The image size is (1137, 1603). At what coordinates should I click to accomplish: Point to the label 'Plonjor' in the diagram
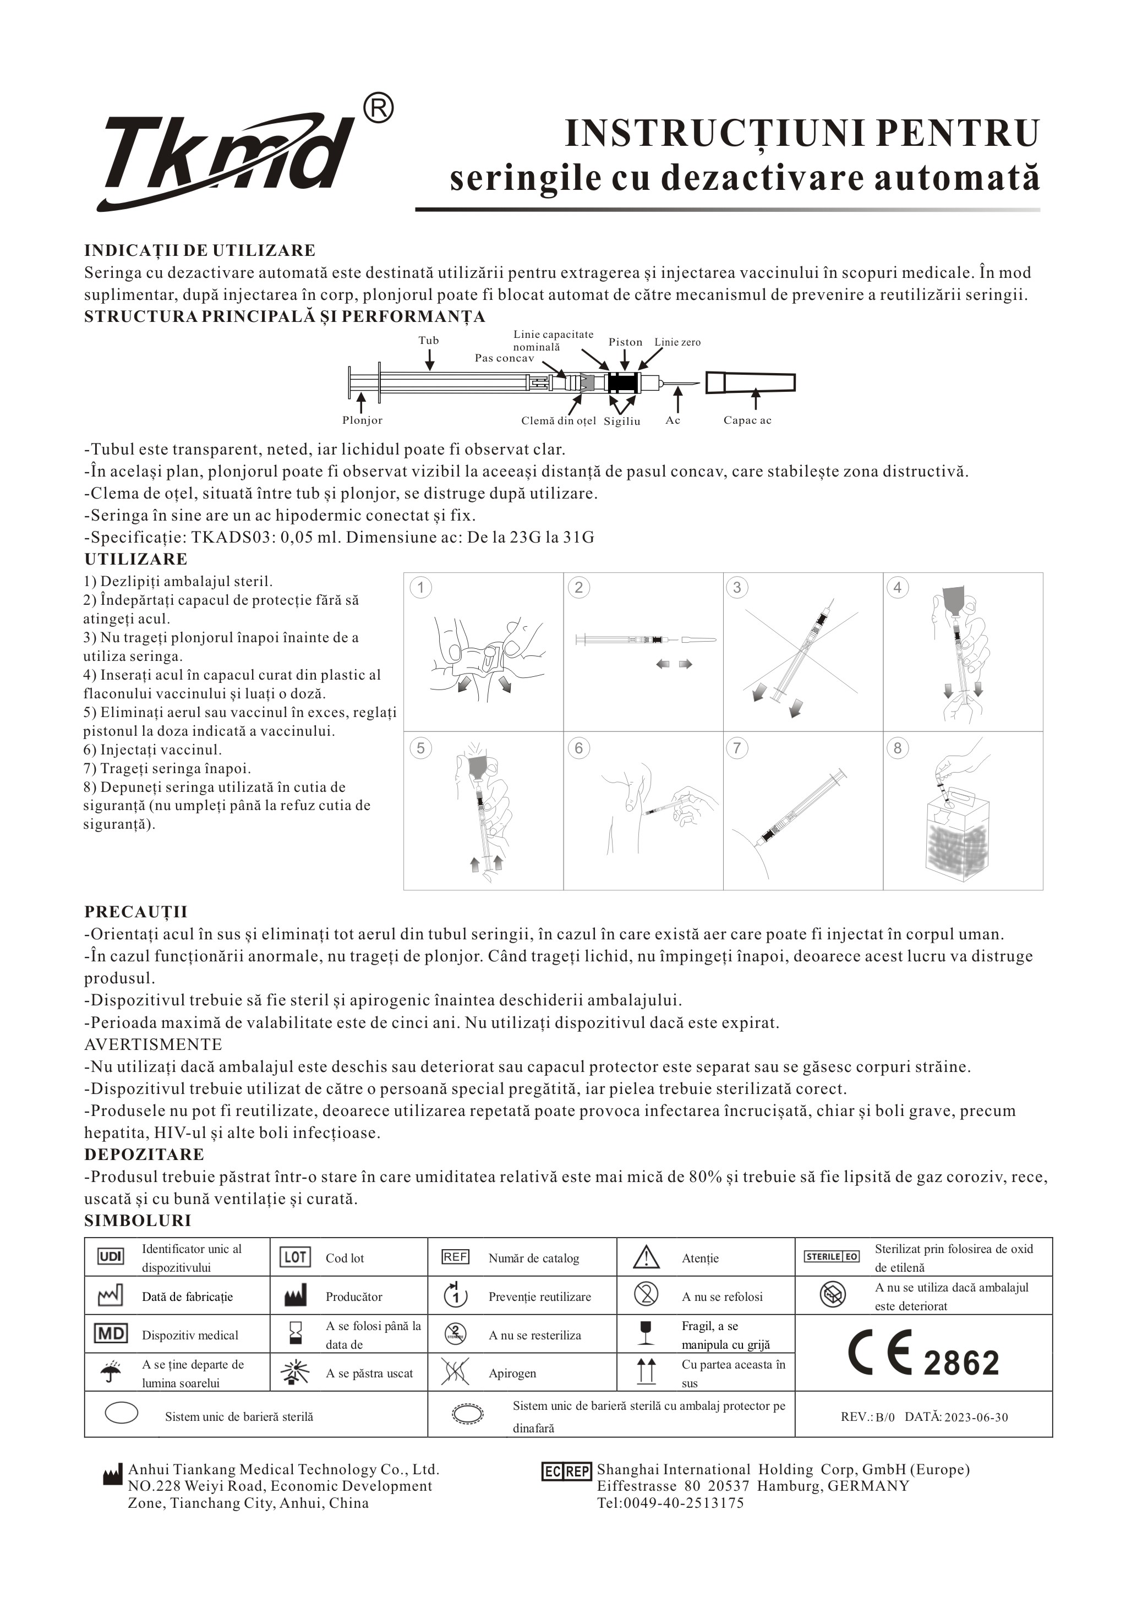[362, 421]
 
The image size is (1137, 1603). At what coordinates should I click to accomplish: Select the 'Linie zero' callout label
[677, 342]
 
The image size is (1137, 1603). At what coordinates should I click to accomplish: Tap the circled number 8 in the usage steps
[897, 748]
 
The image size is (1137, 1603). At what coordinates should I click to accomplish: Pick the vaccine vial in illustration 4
[952, 600]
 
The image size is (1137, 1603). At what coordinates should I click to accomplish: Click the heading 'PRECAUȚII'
[136, 911]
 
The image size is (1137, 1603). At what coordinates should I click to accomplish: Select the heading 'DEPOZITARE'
[144, 1155]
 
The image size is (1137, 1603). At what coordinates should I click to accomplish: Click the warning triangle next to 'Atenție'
[646, 1257]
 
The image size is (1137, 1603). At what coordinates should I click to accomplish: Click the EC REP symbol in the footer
[567, 1471]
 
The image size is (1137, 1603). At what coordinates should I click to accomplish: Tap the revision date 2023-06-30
[976, 1418]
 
